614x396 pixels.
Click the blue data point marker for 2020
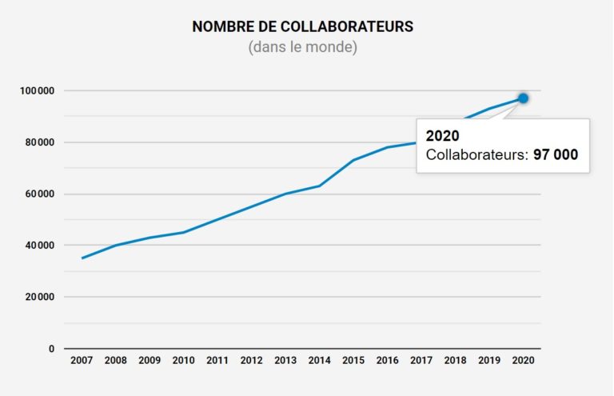[523, 98]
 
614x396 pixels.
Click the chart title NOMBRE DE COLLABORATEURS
[303, 27]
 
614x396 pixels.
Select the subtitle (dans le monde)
[303, 48]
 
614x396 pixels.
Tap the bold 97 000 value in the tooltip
[556, 155]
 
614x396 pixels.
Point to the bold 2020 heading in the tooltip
[442, 136]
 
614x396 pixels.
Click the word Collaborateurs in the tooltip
[476, 155]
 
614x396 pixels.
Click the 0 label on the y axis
[51, 349]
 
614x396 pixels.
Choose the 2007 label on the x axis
[82, 361]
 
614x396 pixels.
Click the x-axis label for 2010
[183, 361]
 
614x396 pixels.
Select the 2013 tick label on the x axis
[285, 361]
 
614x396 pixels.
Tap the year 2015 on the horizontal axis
[353, 361]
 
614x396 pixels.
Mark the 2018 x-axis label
[455, 361]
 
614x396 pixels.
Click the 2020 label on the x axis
[523, 361]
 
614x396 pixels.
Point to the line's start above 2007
[82, 258]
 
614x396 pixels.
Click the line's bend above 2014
[320, 186]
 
